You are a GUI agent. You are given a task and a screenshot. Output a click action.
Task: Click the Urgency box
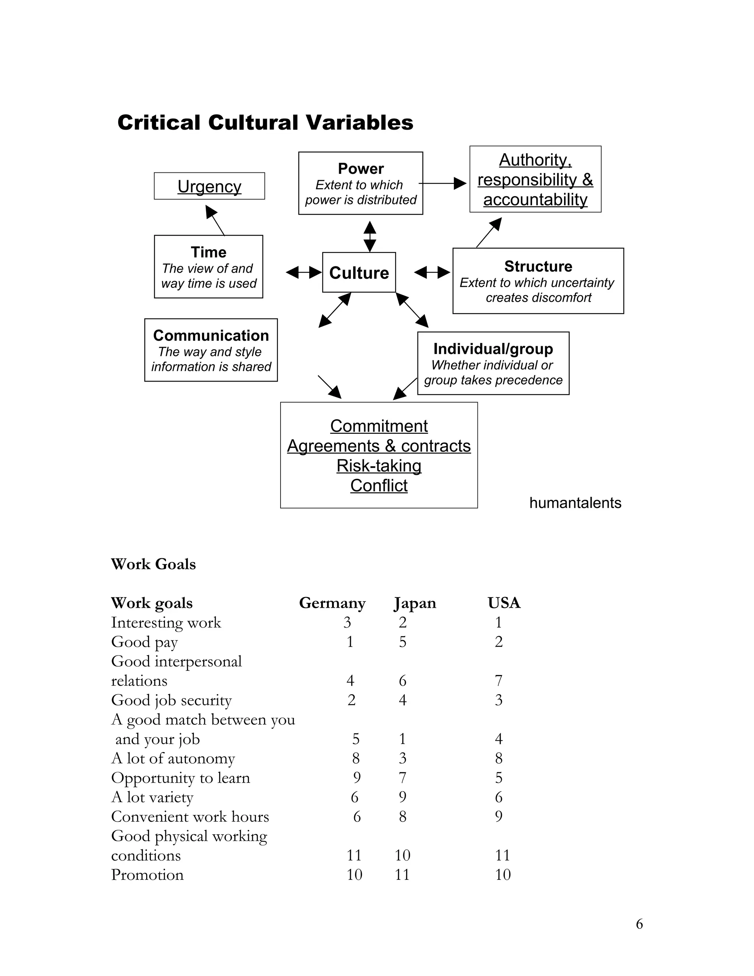tap(209, 186)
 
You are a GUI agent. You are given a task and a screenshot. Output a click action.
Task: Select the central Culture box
tap(359, 272)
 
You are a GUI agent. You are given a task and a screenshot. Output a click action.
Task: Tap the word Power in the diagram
tap(360, 168)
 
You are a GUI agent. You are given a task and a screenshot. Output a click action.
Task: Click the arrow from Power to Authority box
tap(442, 183)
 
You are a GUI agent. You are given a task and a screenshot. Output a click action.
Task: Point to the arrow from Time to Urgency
tap(215, 220)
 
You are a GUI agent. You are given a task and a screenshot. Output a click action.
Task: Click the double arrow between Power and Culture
tap(369, 236)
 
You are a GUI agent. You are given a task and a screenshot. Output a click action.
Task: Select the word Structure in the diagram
tap(538, 266)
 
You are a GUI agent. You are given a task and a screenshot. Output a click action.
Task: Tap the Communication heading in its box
tap(211, 335)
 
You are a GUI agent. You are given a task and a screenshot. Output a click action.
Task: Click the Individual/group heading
tap(493, 348)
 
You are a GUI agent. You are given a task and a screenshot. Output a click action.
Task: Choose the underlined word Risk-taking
tap(379, 466)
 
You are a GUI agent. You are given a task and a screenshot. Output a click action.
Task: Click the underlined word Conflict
tap(379, 485)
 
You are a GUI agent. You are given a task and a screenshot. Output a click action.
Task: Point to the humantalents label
tap(575, 503)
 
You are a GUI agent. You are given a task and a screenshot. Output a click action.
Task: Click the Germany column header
tap(332, 603)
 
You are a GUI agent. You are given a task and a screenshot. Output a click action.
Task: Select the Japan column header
tap(415, 603)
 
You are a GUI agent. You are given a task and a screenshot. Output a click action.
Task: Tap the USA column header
tap(504, 603)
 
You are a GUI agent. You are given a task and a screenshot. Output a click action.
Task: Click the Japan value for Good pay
tap(402, 642)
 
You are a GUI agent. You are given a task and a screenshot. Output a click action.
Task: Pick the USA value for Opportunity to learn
tap(498, 777)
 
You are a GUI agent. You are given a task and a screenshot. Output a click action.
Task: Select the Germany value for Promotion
tap(354, 875)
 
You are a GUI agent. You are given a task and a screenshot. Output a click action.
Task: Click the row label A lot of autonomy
tap(173, 758)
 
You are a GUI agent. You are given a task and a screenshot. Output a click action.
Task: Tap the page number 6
tap(639, 924)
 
